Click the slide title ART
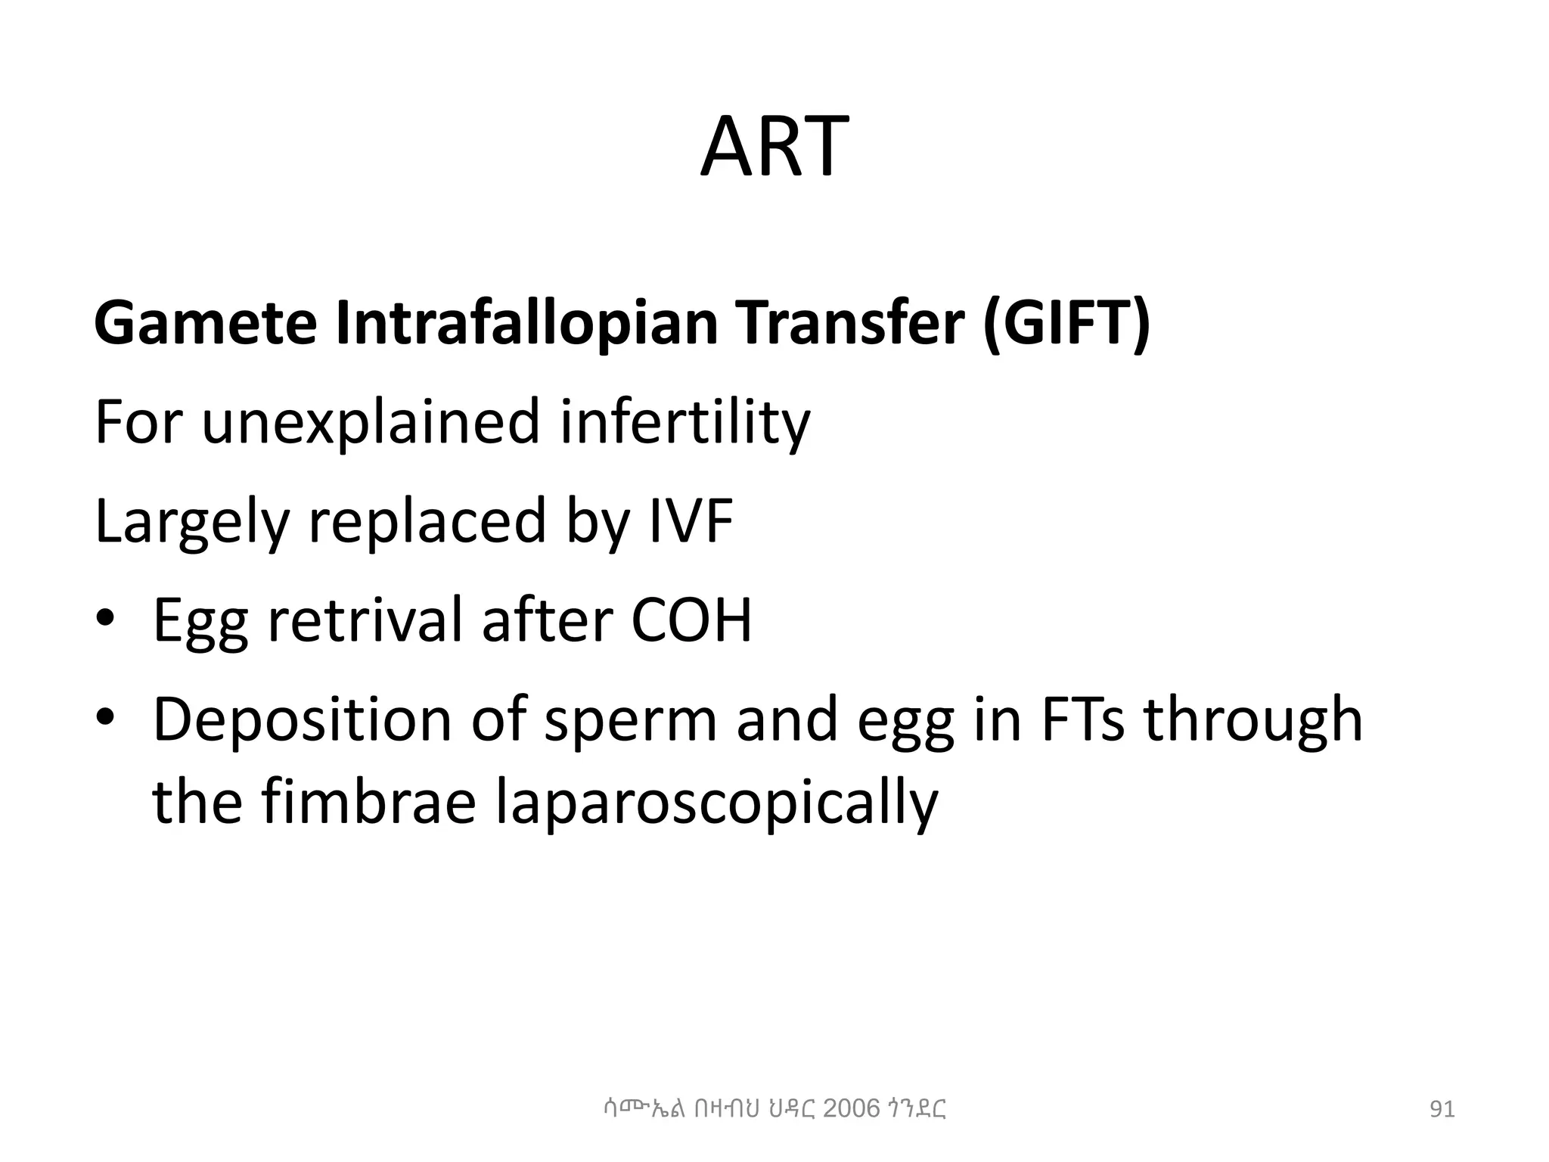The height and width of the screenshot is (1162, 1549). [x=774, y=147]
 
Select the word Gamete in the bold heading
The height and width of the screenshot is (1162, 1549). [x=205, y=323]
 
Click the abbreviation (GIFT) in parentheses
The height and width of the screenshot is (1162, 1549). [x=1066, y=323]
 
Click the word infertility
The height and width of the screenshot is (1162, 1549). [x=685, y=422]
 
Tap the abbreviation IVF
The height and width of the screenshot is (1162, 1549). [x=691, y=521]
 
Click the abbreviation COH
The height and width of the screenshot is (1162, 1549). [x=691, y=620]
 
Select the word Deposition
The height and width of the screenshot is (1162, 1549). [x=303, y=719]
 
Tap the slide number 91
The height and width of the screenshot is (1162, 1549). [x=1442, y=1110]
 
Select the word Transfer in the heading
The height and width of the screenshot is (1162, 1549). [x=852, y=323]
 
